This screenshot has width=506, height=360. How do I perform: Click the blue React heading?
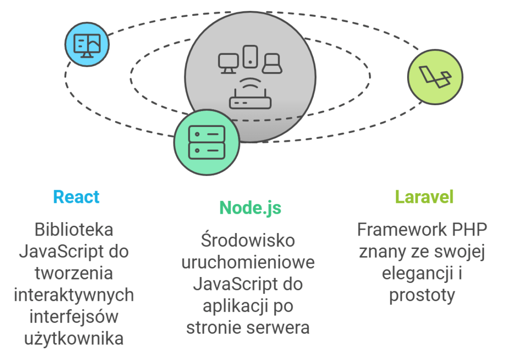pos(76,197)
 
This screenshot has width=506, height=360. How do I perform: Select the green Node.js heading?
pos(250,207)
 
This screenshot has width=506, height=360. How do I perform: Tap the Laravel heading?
pos(424,197)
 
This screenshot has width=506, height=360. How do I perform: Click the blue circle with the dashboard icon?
pos(87,44)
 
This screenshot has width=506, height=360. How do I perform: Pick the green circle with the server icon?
pos(207,142)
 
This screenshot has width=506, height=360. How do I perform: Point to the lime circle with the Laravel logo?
pos(435,77)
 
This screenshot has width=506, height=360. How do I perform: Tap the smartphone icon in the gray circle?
pos(251,56)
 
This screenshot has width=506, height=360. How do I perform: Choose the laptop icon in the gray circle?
pos(272,64)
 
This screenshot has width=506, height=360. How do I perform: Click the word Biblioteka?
pos(74,230)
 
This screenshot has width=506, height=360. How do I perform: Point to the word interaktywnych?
pos(74,295)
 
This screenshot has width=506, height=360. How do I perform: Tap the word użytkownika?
pos(74,339)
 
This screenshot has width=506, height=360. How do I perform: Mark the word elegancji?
pos(417,273)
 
